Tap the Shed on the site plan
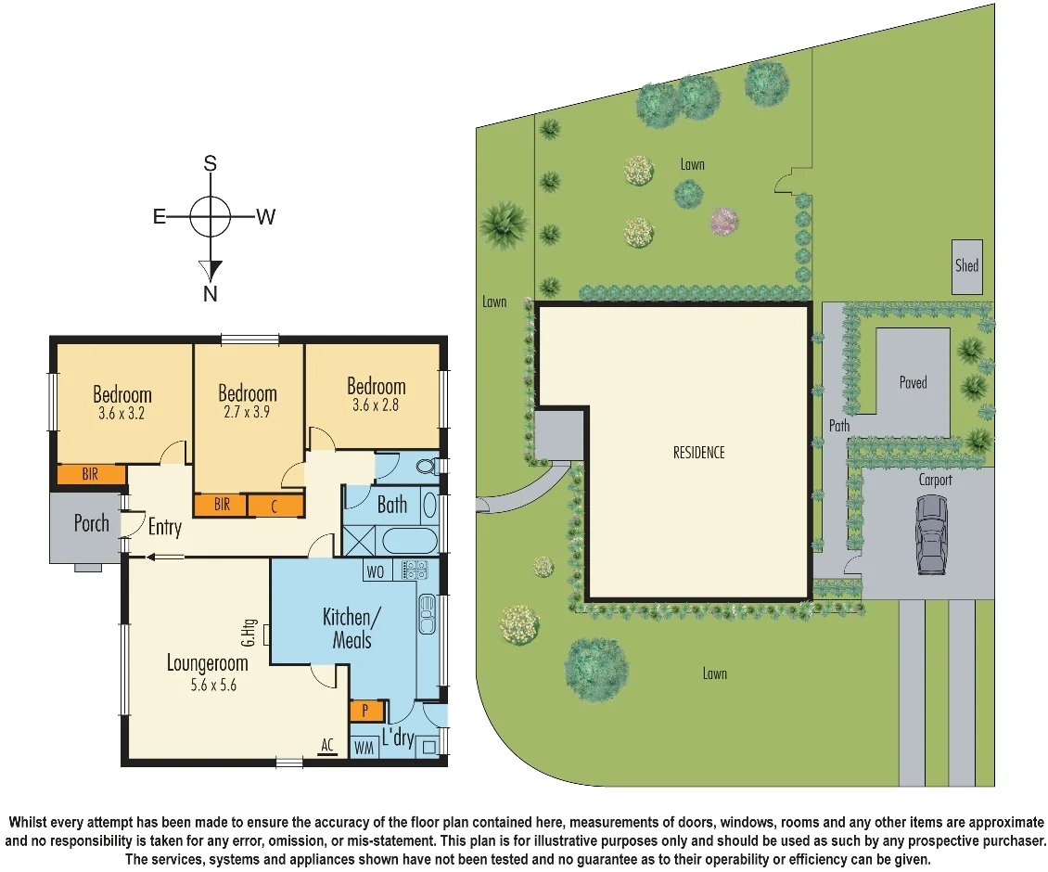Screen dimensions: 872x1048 [x=966, y=266]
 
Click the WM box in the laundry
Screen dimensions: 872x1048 [x=364, y=748]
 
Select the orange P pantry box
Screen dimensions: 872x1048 [x=365, y=712]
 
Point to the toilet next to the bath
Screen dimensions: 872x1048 [x=428, y=467]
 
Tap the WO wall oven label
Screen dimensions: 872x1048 [x=375, y=571]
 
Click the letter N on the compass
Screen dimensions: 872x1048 [x=211, y=294]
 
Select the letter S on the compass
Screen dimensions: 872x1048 [x=211, y=164]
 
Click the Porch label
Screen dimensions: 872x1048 [x=91, y=523]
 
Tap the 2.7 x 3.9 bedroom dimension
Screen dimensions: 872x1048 [x=248, y=414]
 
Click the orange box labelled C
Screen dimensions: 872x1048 [x=275, y=506]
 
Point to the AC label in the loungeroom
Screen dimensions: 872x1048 [x=326, y=745]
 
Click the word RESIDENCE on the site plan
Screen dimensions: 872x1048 [x=698, y=453]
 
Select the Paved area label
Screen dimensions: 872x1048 [x=913, y=382]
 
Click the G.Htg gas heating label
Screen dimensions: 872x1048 [x=249, y=634]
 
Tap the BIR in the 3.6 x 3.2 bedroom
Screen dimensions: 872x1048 [x=90, y=474]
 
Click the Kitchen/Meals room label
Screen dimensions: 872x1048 [x=347, y=628]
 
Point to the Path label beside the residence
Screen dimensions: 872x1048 [x=838, y=425]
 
